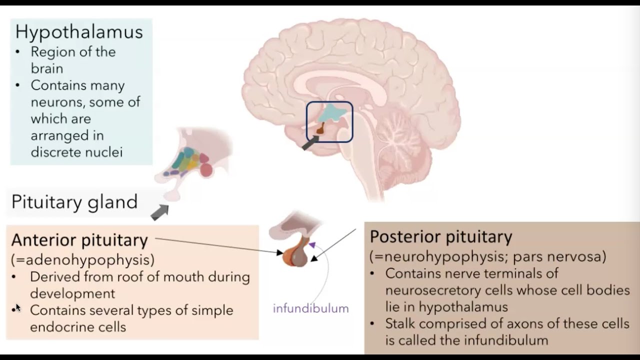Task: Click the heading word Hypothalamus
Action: click(x=79, y=31)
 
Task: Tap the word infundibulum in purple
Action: click(x=310, y=308)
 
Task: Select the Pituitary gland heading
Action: click(x=74, y=202)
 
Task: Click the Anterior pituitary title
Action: click(x=79, y=240)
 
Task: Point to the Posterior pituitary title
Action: click(x=441, y=236)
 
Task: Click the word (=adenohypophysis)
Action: click(x=82, y=259)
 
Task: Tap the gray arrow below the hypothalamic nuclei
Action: click(x=160, y=212)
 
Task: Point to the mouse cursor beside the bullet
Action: click(x=18, y=307)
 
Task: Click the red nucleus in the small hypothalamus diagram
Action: click(x=206, y=170)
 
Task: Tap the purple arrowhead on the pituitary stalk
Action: click(x=312, y=245)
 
